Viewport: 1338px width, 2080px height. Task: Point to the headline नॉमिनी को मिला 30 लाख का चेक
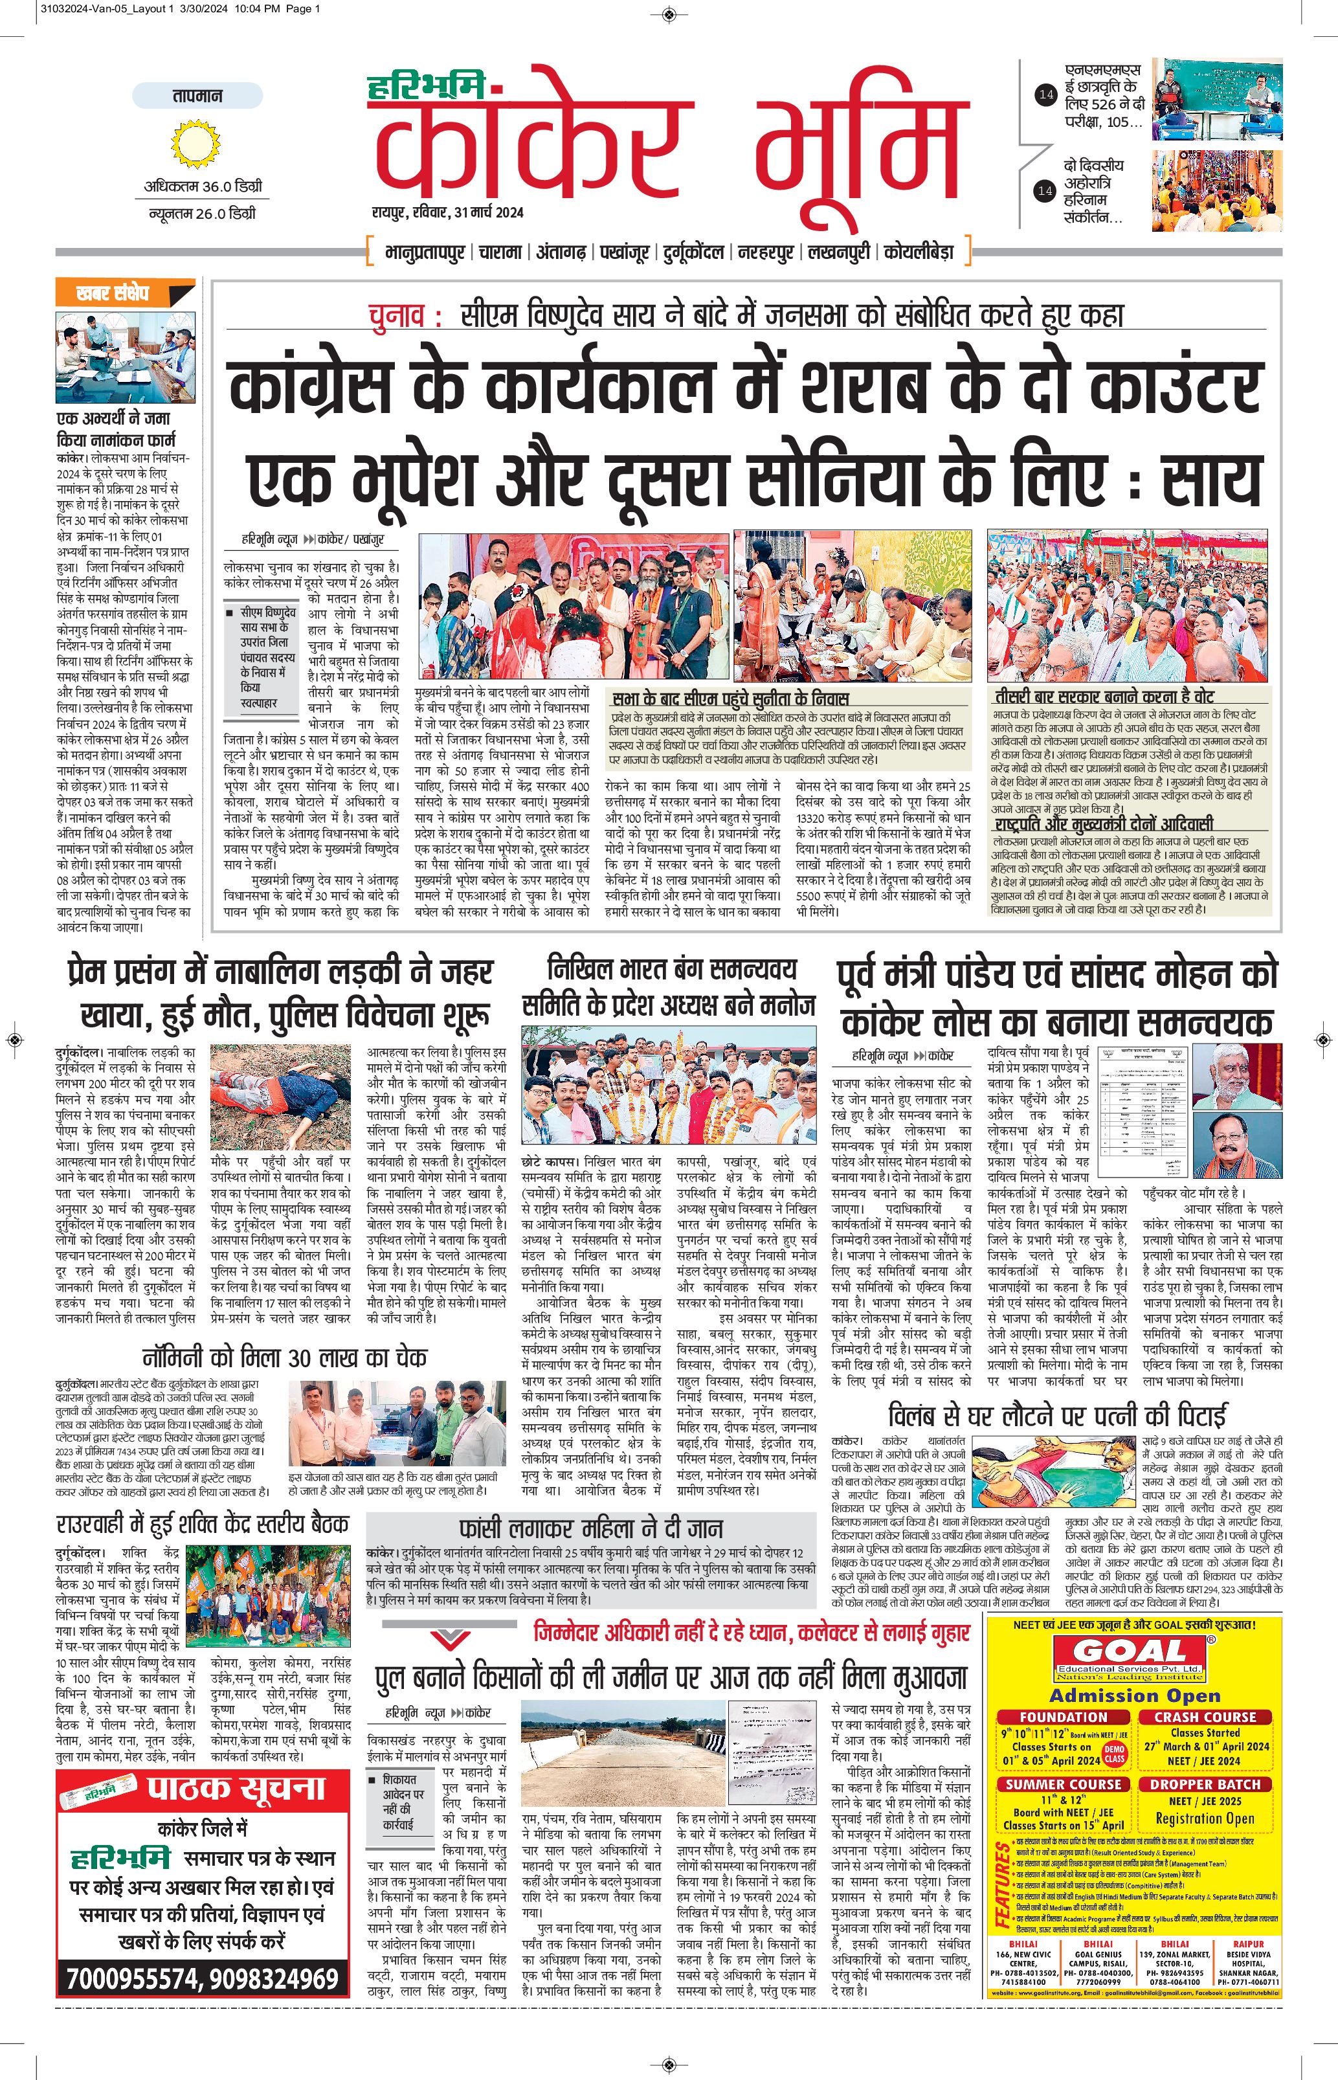[284, 1357]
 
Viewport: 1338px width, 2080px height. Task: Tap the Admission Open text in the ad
[1135, 1695]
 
